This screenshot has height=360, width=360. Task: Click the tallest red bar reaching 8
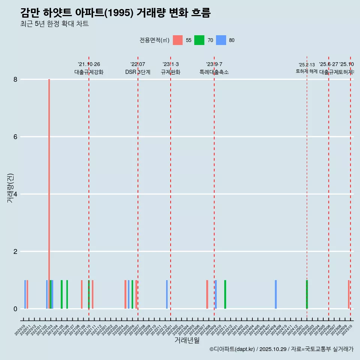49,187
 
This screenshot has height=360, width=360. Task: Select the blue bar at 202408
276,294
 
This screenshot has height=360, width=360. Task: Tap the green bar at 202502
307,294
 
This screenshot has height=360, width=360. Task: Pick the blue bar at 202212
167,294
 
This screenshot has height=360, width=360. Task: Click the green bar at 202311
225,294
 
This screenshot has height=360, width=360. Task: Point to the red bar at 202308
207,294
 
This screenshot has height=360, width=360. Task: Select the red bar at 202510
349,294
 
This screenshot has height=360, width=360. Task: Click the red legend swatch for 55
178,40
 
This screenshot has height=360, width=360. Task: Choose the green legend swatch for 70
199,40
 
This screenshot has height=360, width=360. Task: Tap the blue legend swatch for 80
221,40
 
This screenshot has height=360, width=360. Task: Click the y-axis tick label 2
15,252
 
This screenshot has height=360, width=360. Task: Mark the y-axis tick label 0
15,309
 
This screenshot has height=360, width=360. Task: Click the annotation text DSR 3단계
138,72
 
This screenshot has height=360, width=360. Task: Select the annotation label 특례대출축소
214,72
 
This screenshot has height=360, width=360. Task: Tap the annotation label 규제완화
171,72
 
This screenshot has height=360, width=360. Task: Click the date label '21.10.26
89,64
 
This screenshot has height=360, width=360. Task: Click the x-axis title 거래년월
187,340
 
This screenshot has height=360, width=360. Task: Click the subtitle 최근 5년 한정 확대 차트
54,24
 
